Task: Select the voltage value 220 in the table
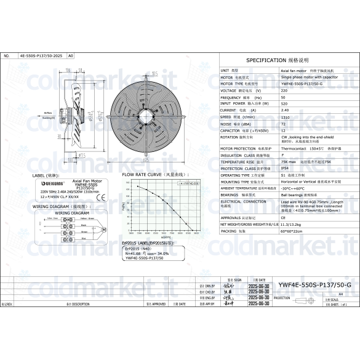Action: (x=283, y=90)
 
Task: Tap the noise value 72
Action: (x=283, y=123)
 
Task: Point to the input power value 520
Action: (x=283, y=103)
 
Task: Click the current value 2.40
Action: (x=284, y=110)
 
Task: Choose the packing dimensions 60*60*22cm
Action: (x=292, y=233)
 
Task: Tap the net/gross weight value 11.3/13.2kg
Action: (x=294, y=225)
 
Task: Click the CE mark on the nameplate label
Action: (x=102, y=198)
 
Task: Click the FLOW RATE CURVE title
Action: (x=150, y=175)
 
